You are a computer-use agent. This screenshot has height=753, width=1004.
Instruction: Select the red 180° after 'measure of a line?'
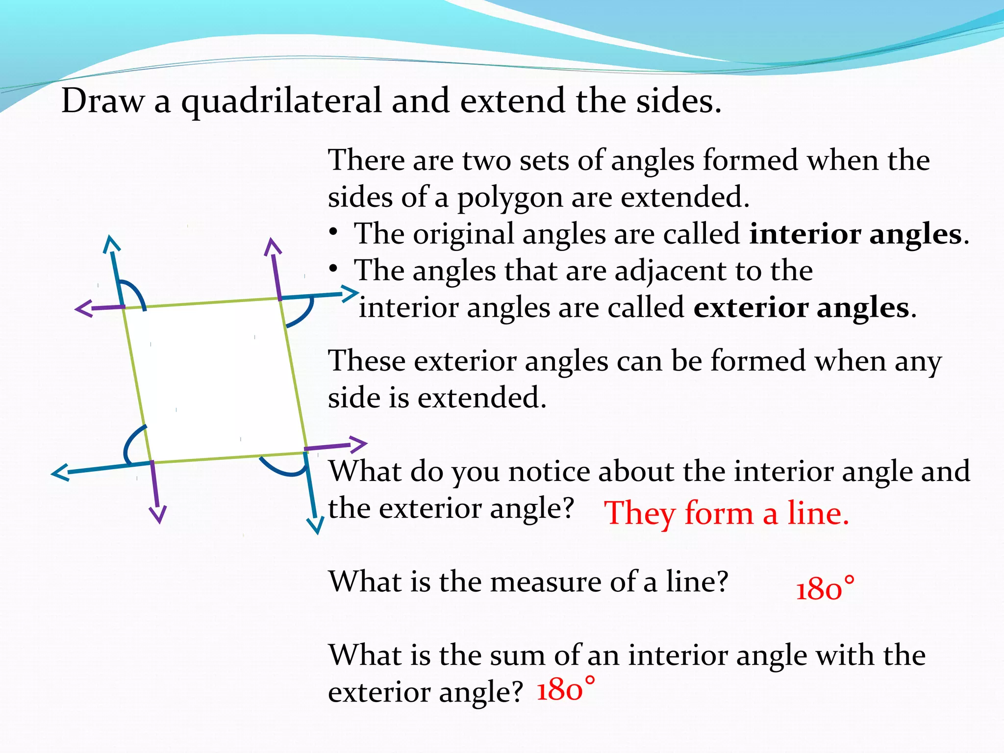click(825, 588)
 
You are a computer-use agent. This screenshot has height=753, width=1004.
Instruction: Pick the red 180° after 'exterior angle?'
click(566, 689)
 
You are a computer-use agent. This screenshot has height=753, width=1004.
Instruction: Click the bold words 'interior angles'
click(855, 234)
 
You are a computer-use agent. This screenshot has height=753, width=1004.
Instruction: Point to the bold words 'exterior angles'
click(802, 308)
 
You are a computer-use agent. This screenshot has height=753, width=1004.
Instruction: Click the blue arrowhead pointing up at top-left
click(111, 243)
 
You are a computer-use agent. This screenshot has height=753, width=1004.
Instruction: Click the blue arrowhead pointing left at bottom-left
click(60, 473)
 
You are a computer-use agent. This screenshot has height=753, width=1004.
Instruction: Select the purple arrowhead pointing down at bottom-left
click(158, 516)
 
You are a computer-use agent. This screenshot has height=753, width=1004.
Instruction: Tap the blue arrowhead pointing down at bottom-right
click(316, 527)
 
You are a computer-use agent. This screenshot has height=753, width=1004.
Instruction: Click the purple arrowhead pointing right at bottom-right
click(359, 444)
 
